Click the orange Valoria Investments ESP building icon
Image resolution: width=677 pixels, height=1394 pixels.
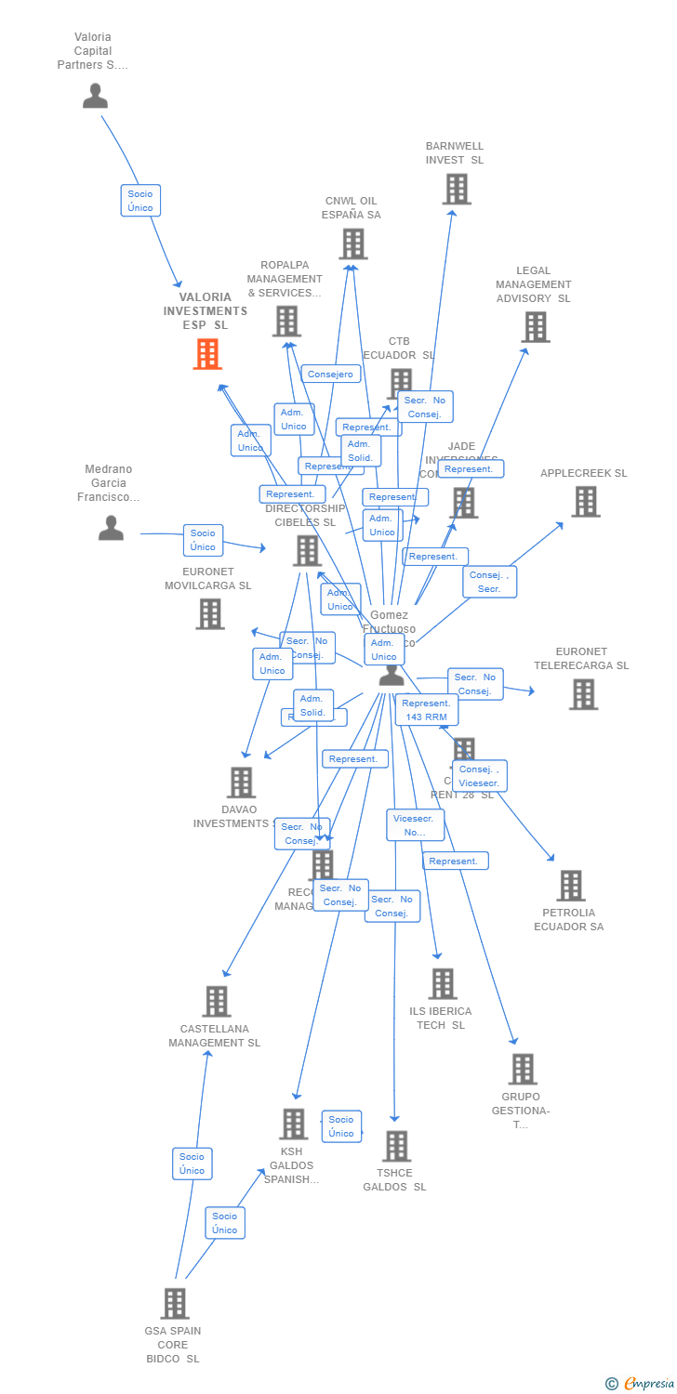pyautogui.click(x=207, y=354)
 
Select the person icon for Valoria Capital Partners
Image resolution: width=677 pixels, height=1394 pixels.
pyautogui.click(x=95, y=96)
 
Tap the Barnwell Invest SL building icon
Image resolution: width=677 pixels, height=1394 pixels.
pyautogui.click(x=456, y=189)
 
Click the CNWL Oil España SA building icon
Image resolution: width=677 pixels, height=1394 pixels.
pyautogui.click(x=352, y=243)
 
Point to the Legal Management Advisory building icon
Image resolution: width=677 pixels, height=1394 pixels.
pyautogui.click(x=535, y=327)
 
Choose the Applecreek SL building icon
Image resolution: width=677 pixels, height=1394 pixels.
pyautogui.click(x=585, y=502)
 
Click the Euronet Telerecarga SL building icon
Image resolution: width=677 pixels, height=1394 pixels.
pyautogui.click(x=583, y=694)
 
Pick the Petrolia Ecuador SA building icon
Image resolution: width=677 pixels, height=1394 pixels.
pyautogui.click(x=570, y=886)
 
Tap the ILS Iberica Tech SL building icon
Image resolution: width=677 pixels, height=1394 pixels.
pyautogui.click(x=442, y=983)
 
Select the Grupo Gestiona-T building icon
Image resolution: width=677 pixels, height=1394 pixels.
pyautogui.click(x=522, y=1069)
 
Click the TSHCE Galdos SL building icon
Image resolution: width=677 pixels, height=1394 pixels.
pyautogui.click(x=396, y=1146)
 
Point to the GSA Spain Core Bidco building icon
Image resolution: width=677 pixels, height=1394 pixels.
pyautogui.click(x=174, y=1303)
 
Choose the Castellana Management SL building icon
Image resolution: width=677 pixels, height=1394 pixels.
pyautogui.click(x=216, y=1001)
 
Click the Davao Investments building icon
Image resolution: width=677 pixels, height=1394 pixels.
pyautogui.click(x=241, y=782)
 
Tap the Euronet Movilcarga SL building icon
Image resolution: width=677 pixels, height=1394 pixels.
pyautogui.click(x=209, y=613)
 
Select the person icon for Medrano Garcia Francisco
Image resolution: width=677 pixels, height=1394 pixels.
pyautogui.click(x=111, y=528)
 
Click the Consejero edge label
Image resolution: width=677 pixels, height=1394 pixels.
pyautogui.click(x=331, y=374)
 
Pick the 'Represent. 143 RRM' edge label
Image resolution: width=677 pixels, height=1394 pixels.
pyautogui.click(x=426, y=710)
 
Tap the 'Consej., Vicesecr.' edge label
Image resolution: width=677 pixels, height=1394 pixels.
pyautogui.click(x=479, y=776)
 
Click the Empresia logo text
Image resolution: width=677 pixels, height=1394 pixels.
pyautogui.click(x=648, y=1384)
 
